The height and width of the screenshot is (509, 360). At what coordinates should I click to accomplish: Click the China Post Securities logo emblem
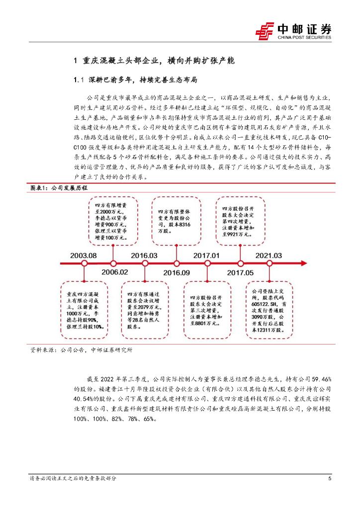click(x=265, y=31)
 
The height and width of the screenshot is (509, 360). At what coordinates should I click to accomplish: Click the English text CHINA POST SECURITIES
click(x=304, y=37)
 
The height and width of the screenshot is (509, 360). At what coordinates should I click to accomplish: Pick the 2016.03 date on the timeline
click(x=145, y=254)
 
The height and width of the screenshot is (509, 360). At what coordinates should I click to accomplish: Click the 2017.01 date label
click(x=205, y=254)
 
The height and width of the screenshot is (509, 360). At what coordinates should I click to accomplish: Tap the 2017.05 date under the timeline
click(x=241, y=272)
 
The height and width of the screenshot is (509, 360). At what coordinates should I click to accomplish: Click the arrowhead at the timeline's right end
click(x=300, y=262)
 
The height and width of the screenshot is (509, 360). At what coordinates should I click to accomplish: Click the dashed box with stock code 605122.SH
click(x=269, y=305)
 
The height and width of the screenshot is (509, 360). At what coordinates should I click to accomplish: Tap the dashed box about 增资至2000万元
click(x=114, y=221)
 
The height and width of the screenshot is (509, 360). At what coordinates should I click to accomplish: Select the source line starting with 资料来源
click(x=82, y=349)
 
